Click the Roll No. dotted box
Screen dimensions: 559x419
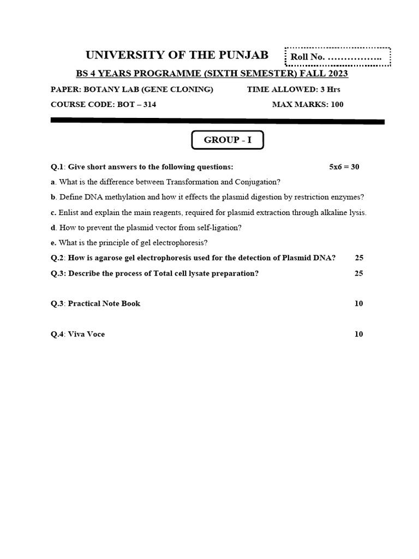pyautogui.click(x=338, y=57)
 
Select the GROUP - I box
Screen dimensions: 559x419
pyautogui.click(x=228, y=140)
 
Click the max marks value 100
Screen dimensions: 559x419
pyautogui.click(x=337, y=104)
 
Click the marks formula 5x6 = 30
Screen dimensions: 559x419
pyautogui.click(x=344, y=167)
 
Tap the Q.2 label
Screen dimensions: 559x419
pyautogui.click(x=58, y=258)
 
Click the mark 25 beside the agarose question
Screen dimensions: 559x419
pyautogui.click(x=358, y=258)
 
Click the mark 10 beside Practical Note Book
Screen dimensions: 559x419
pyautogui.click(x=358, y=304)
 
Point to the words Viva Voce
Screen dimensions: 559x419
pyautogui.click(x=86, y=334)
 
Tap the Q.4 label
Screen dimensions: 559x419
pyautogui.click(x=58, y=334)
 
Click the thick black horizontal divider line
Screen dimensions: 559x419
pyautogui.click(x=217, y=121)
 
